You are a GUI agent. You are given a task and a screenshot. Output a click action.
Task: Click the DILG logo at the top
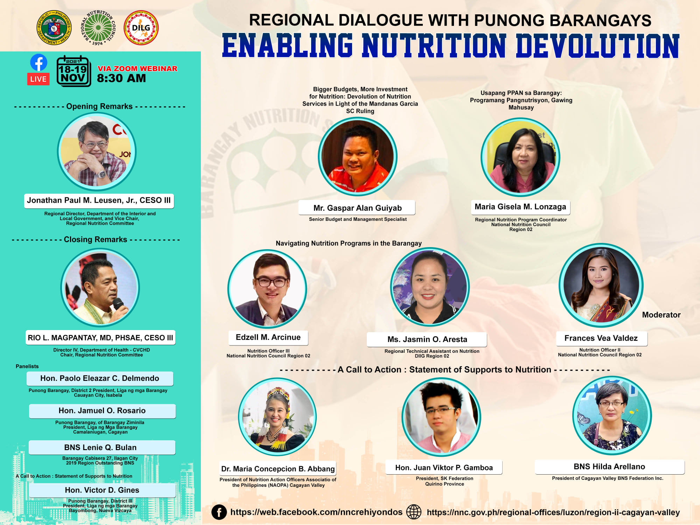[x=141, y=28]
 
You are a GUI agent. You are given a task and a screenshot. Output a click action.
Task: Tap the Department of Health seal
[x=54, y=28]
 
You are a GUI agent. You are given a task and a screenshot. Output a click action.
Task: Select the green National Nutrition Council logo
[x=98, y=28]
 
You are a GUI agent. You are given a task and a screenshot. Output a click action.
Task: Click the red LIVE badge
[x=38, y=79]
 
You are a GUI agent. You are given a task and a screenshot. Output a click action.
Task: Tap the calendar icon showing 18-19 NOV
[x=73, y=71]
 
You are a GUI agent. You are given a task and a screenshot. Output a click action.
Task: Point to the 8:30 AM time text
[x=121, y=78]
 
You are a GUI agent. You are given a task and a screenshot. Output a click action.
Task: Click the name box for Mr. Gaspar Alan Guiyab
[x=357, y=208]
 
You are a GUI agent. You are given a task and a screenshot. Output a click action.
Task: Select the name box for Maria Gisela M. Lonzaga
[x=520, y=207]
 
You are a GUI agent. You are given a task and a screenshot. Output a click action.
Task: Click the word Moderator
[x=661, y=315]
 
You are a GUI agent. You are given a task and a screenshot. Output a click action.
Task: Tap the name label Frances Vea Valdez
[x=601, y=338]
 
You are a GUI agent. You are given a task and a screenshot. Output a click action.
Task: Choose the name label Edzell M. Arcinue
[x=268, y=337]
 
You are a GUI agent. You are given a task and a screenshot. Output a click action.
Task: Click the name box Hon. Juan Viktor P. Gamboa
[x=444, y=468]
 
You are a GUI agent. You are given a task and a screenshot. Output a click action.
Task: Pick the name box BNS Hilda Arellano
[x=609, y=467]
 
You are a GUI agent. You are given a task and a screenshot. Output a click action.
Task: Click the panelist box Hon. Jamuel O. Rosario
[x=102, y=411]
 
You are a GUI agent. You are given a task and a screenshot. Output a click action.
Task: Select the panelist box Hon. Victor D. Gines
[x=102, y=490]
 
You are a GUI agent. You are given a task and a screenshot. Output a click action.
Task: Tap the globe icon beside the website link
[x=414, y=512]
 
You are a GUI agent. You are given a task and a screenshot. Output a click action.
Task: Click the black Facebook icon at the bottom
[x=219, y=512]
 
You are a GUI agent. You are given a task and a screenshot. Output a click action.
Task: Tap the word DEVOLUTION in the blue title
[x=597, y=46]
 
